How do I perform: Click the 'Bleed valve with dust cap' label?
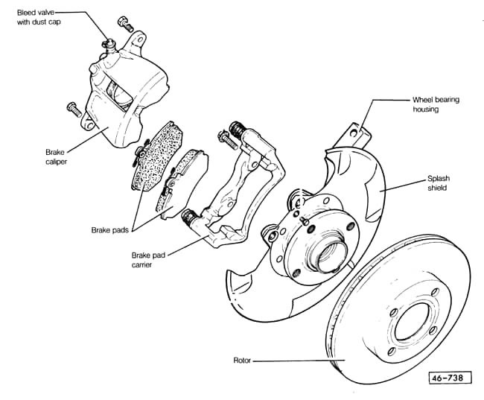point(39,17)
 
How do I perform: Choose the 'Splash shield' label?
point(438,183)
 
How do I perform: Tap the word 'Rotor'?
point(242,361)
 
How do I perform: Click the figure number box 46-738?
point(450,378)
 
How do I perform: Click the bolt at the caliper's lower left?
point(73,109)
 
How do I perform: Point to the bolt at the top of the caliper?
point(124,24)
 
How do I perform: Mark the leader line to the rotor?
point(290,361)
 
